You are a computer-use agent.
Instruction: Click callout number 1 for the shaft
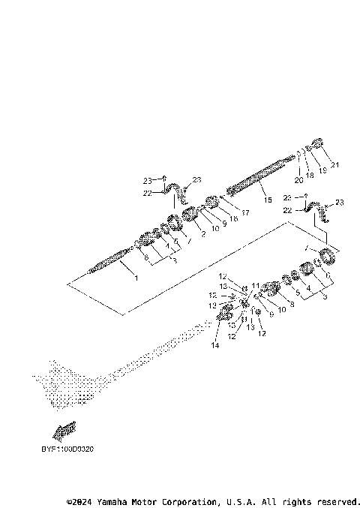(136, 278)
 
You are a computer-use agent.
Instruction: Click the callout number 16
(233, 218)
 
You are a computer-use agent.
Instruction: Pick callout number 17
(244, 213)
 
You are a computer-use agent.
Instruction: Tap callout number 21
(334, 165)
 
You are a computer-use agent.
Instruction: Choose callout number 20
(298, 180)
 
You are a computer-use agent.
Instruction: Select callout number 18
(310, 174)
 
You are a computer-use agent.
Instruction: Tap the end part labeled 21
(316, 146)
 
